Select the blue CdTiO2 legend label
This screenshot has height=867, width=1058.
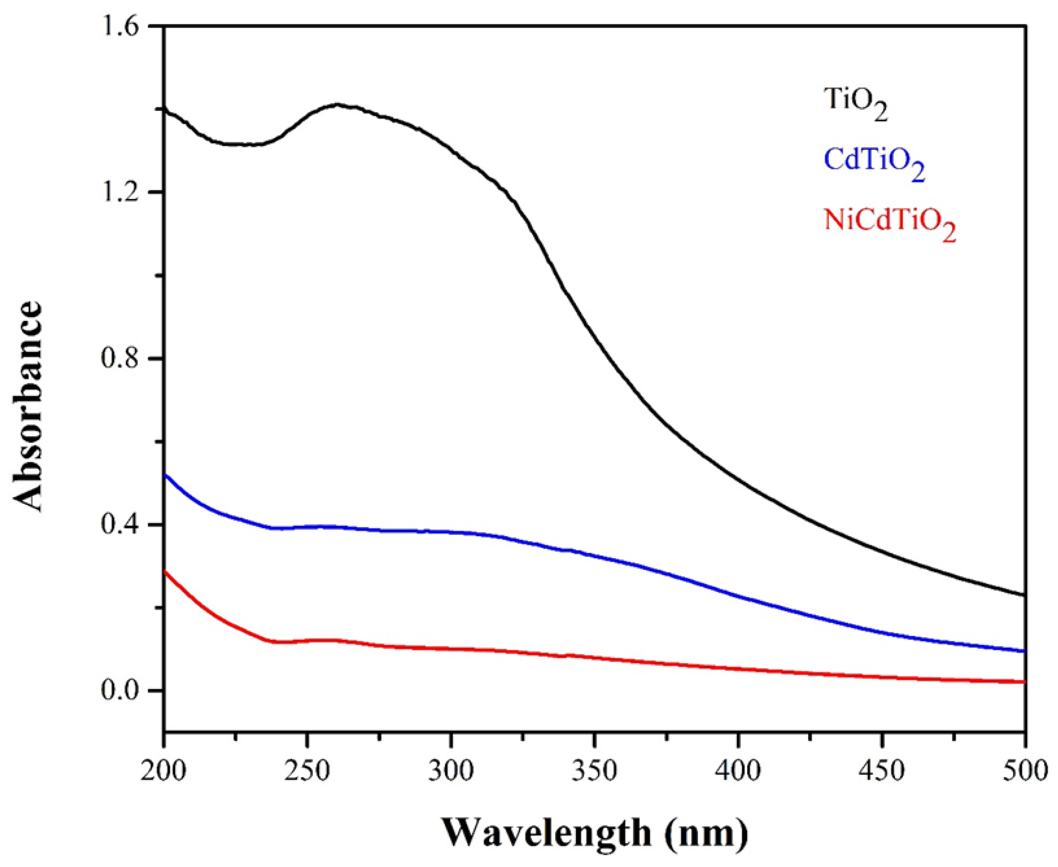(x=874, y=163)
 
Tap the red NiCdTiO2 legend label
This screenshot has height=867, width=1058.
(x=890, y=223)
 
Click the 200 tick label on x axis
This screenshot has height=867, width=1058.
(x=164, y=771)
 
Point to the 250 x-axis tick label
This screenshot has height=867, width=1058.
(x=307, y=771)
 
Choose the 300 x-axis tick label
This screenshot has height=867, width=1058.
(x=451, y=771)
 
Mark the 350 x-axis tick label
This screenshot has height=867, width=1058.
(x=595, y=771)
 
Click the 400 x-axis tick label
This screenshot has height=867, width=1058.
(x=738, y=771)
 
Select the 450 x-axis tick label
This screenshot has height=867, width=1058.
(x=882, y=771)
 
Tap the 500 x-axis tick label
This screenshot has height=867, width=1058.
(x=1024, y=771)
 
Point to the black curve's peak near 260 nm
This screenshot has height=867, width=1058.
(x=337, y=105)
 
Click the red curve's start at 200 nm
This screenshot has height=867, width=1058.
(x=165, y=572)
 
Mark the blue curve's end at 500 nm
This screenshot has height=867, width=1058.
(x=1024, y=651)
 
